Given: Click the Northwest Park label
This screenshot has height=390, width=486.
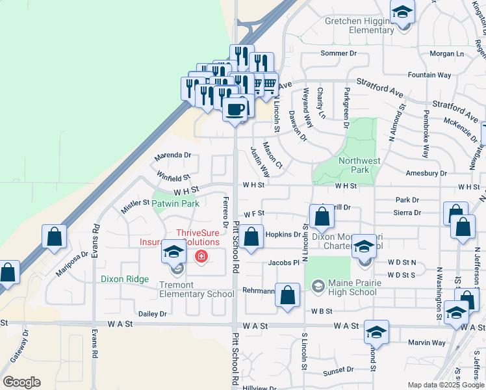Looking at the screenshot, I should [x=359, y=165].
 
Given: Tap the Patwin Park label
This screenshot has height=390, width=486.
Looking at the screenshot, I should [x=176, y=203].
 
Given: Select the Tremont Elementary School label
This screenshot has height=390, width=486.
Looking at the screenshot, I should [x=196, y=289].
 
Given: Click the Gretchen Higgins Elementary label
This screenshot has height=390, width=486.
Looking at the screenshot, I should [x=359, y=25].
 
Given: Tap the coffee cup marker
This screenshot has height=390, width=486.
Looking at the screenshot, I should [x=235, y=109].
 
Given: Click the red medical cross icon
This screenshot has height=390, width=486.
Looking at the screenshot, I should [x=201, y=257].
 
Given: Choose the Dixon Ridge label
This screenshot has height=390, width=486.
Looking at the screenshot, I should [x=125, y=279].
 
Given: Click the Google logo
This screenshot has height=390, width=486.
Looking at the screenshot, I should [x=21, y=382].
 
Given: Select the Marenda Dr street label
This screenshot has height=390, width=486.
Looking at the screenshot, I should [x=172, y=156].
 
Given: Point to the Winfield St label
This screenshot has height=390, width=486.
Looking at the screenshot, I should [x=173, y=176].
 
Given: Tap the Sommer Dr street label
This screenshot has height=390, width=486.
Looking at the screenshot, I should [x=339, y=53].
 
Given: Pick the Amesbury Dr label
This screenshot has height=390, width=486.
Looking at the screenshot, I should [x=426, y=174].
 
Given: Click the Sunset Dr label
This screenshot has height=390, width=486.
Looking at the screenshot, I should [x=339, y=370].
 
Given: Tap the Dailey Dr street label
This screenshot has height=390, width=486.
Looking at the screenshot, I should [x=153, y=314].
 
